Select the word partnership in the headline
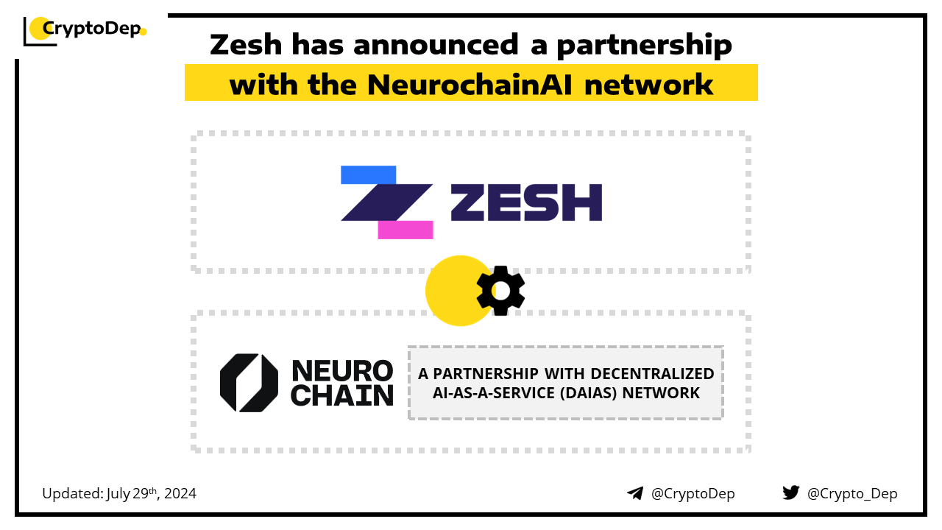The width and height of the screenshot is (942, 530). click(x=644, y=45)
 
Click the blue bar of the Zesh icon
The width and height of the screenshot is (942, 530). click(x=369, y=175)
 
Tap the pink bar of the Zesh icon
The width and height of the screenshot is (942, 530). click(x=406, y=230)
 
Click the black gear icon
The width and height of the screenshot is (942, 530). click(x=500, y=291)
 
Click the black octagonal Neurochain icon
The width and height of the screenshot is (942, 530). click(x=249, y=383)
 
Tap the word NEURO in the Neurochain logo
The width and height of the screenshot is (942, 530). click(x=342, y=370)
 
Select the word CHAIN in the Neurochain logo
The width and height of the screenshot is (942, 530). click(x=342, y=395)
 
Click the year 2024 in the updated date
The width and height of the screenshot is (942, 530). click(x=180, y=493)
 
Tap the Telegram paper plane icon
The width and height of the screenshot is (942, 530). click(x=635, y=493)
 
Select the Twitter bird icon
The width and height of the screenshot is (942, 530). click(x=791, y=492)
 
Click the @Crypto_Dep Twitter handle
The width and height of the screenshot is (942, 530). click(x=852, y=493)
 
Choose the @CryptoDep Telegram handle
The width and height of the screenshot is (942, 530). click(x=693, y=493)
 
